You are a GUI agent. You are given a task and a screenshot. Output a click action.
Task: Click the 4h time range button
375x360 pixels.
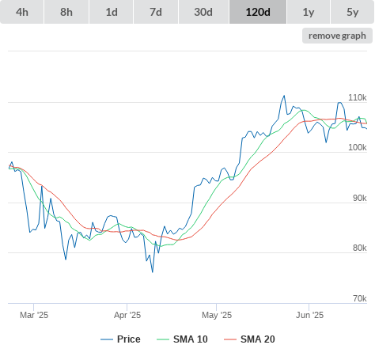pos(22,12)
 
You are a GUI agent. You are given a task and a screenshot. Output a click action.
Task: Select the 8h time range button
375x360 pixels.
pos(66,12)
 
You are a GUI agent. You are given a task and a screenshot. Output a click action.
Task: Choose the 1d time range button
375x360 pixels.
pos(112,12)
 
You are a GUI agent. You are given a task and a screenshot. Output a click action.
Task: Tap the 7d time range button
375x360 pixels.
pos(156,12)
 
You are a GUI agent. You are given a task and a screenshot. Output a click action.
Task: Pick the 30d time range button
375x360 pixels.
pos(203,12)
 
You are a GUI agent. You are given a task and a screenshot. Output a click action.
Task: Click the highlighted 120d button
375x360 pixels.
pos(258,12)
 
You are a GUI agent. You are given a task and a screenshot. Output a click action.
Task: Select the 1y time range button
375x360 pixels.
pos(309,12)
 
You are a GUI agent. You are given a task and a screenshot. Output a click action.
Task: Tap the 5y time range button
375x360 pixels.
pos(353,12)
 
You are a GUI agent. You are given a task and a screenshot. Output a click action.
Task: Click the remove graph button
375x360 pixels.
pos(337,36)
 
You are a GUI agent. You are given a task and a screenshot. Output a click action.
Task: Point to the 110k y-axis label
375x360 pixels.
pos(358,97)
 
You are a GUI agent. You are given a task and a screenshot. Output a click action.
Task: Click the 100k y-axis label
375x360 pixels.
pos(358,147)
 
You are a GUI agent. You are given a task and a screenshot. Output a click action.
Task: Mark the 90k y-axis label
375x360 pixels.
pos(360,198)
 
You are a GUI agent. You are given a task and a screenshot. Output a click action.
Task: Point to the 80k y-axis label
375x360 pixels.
pos(360,248)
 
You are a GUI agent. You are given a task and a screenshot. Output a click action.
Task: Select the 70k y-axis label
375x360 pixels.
pos(360,298)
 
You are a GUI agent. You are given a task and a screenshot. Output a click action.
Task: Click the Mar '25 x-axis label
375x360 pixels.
pos(34,315)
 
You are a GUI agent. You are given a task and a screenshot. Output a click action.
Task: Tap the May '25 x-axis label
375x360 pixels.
pos(217,315)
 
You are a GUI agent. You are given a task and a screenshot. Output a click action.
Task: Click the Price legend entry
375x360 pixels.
pos(120,339)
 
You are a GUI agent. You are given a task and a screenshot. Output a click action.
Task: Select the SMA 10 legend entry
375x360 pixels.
pos(182,339)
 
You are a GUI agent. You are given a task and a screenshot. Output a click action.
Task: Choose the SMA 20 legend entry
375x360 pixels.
pos(249,339)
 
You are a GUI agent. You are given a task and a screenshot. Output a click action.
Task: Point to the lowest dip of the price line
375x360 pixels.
pos(153,272)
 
